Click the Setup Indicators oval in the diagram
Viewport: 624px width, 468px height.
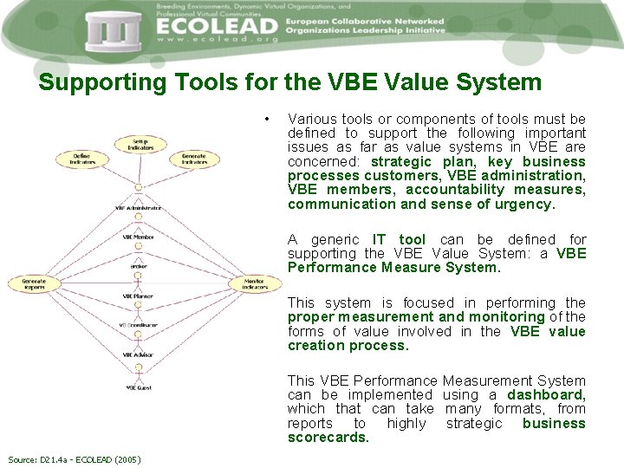tap(139, 145)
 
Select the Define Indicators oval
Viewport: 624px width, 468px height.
tap(81, 159)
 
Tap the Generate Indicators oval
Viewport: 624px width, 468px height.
tap(194, 159)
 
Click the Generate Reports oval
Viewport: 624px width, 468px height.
tap(34, 283)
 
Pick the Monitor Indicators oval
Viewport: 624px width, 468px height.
tap(254, 283)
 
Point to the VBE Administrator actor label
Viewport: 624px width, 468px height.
tap(138, 208)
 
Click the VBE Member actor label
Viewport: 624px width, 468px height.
tap(138, 237)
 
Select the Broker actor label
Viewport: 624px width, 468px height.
tap(138, 266)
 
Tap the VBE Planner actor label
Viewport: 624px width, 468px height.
tap(138, 296)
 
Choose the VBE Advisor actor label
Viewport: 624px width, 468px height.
tap(138, 354)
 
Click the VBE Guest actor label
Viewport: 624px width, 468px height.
tap(138, 387)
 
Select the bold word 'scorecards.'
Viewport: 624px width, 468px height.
tap(328, 438)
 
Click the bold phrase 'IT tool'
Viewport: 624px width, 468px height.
tap(399, 239)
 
